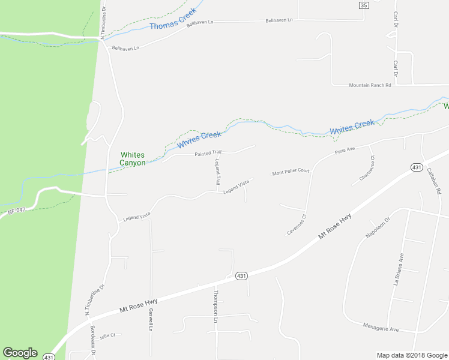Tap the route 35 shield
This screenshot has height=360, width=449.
pos(363,5)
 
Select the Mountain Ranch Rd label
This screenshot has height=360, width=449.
pos(370,85)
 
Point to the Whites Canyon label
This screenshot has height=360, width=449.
pos(132,158)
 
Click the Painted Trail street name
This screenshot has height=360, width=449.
pos(208,154)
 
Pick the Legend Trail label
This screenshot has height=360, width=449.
pos(217,171)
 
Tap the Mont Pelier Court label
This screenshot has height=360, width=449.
pos(291,172)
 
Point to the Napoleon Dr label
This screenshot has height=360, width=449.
pos(378,227)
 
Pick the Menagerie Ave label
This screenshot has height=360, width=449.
pos(381,329)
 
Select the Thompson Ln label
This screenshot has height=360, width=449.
pos(216,306)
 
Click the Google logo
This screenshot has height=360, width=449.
pos(20,353)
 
